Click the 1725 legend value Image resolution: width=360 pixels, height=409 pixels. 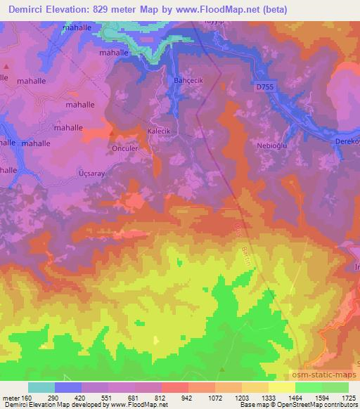348,398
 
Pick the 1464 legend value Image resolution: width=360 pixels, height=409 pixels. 295,398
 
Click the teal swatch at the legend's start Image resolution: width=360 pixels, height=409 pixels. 41,387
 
